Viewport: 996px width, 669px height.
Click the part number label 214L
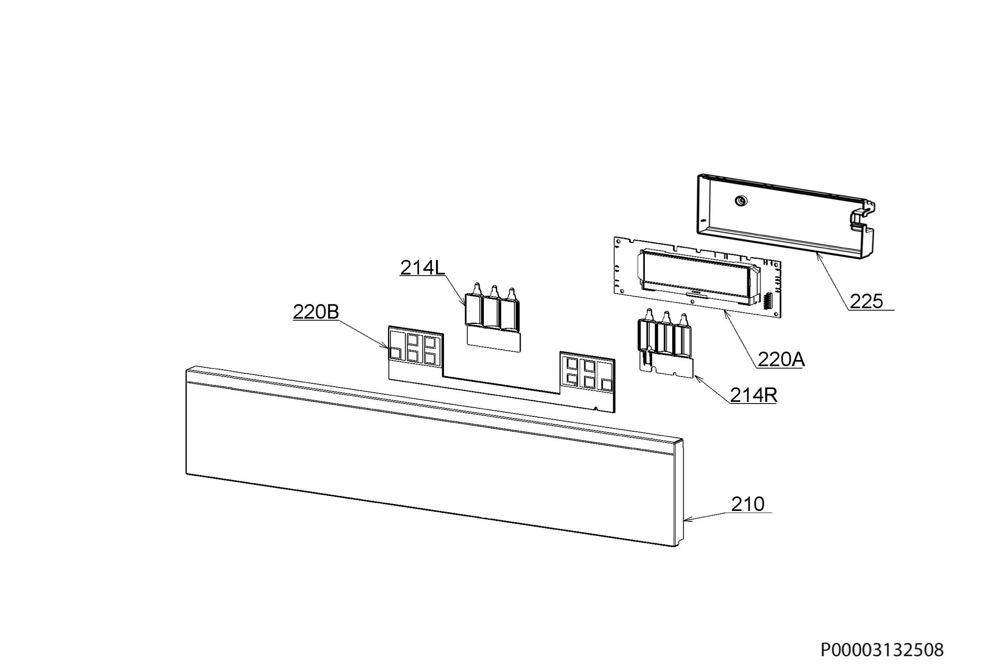422,268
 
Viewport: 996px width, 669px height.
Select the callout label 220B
316,312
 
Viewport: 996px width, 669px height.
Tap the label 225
866,302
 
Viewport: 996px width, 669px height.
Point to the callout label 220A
781,360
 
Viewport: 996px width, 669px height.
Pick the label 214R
754,396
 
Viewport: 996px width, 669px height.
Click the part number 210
747,504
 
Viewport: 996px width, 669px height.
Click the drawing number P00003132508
882,650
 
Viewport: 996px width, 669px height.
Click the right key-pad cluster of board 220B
588,371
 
